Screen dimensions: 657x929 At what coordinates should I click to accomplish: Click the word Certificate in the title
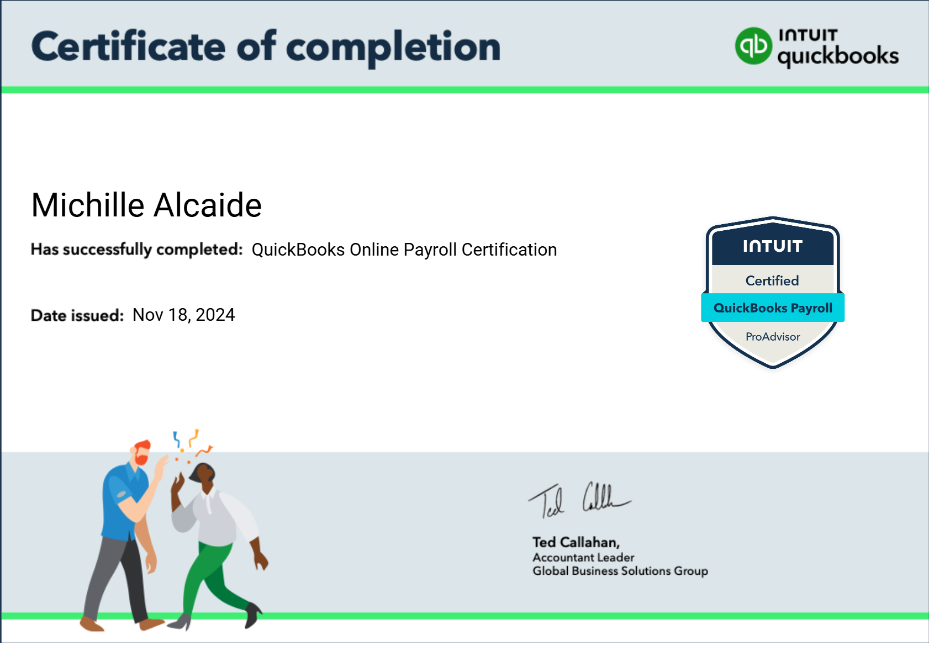pos(128,47)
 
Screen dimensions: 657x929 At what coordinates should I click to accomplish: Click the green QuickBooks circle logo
pos(753,46)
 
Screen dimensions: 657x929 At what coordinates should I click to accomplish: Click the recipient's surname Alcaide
pos(207,205)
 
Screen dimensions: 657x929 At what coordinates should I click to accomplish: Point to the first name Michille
pos(88,205)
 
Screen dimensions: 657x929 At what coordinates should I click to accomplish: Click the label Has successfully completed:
pos(136,250)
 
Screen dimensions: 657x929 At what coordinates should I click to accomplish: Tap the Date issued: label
pos(77,315)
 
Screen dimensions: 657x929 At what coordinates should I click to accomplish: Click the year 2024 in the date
pos(215,315)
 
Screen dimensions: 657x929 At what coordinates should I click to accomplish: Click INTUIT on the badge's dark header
pos(772,246)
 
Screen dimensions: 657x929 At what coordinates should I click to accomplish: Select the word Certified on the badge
pos(772,280)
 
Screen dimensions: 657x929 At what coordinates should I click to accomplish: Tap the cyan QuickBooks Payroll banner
pos(772,308)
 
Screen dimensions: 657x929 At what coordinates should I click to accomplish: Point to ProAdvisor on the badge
pos(772,337)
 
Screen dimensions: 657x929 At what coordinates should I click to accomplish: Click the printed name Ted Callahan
pos(576,542)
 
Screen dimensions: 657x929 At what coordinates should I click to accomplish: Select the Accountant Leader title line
pos(583,558)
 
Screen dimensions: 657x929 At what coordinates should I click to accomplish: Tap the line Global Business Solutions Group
pos(620,571)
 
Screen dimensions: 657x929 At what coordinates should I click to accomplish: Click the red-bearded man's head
pos(141,453)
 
